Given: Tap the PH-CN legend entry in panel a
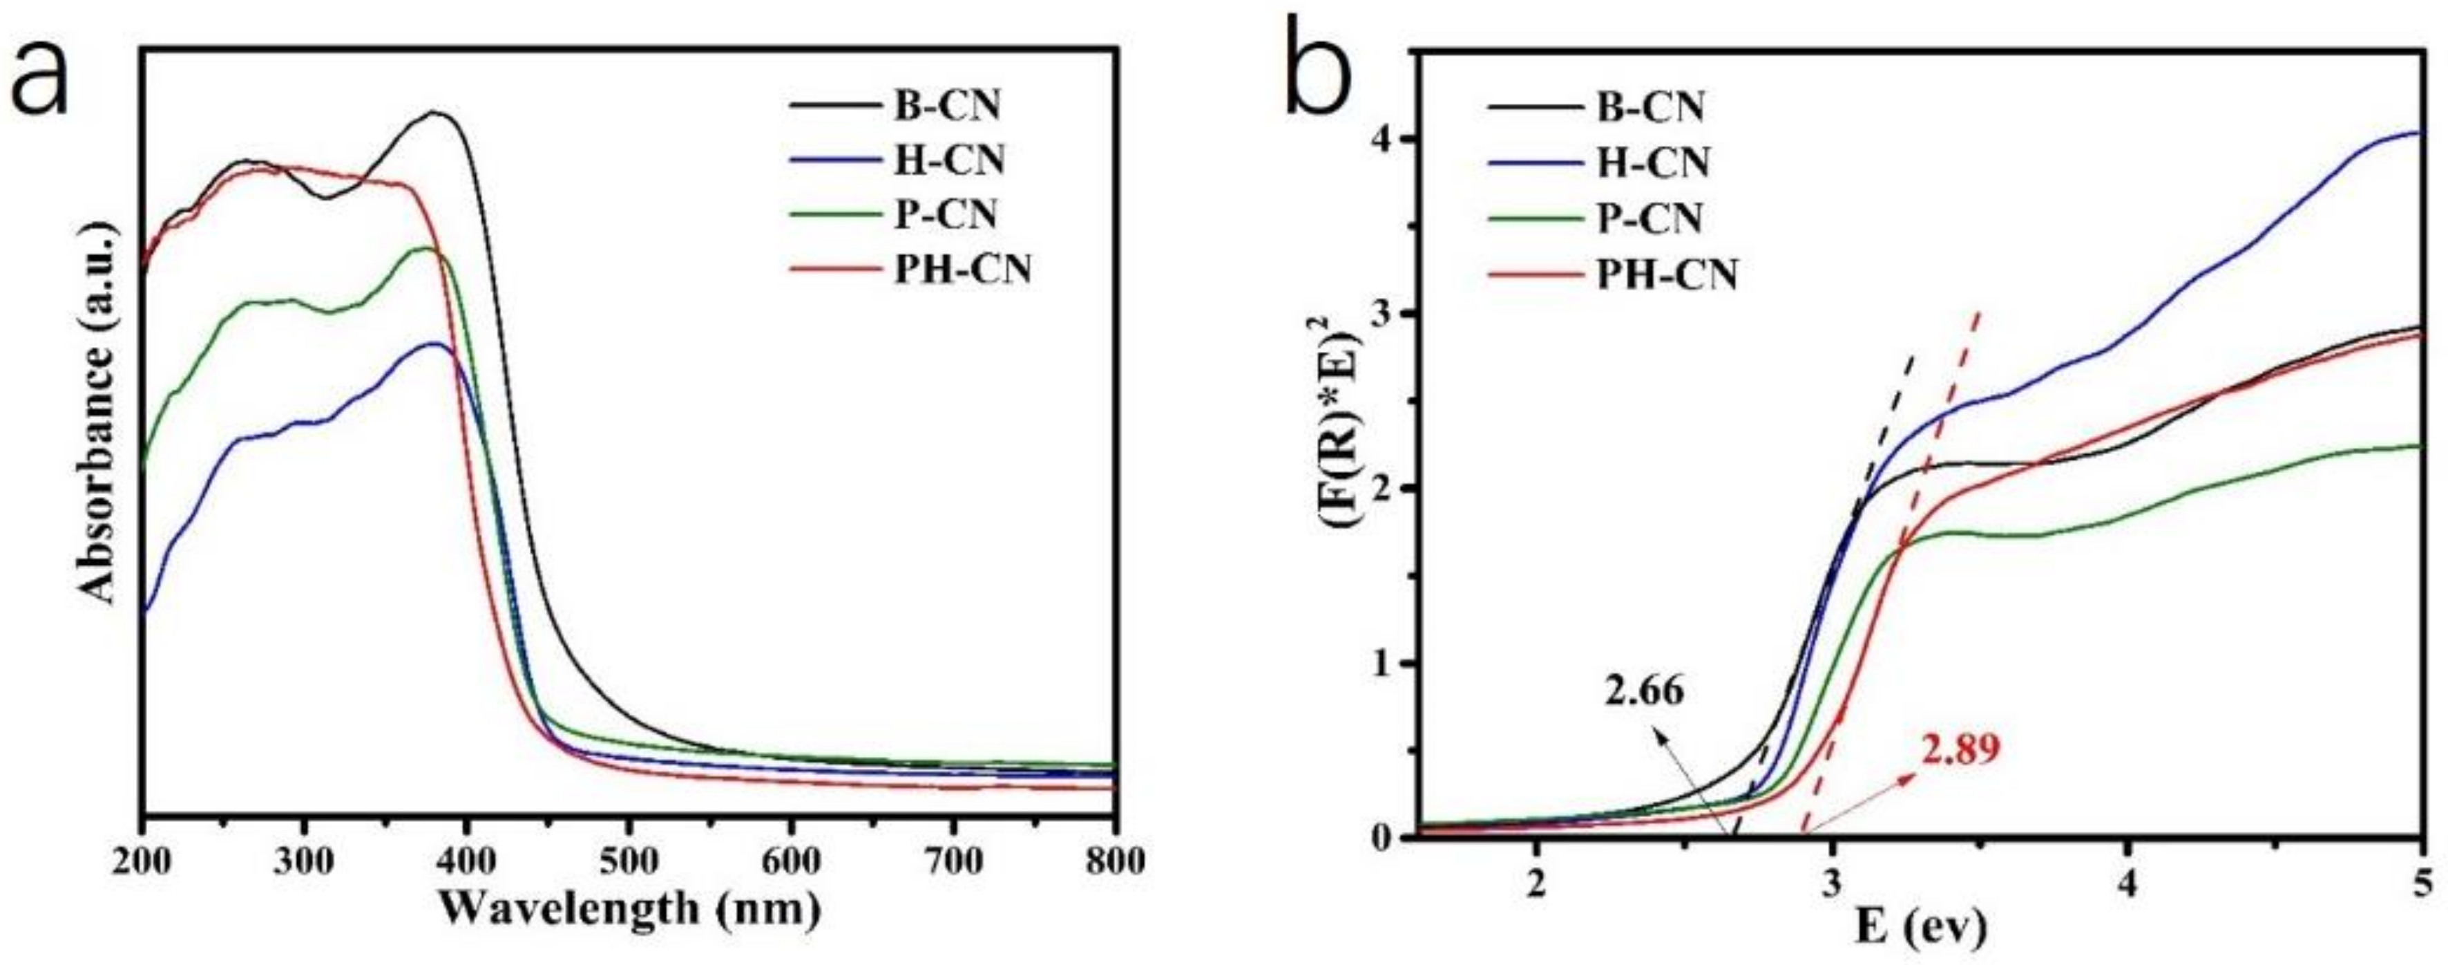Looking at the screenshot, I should coord(961,271).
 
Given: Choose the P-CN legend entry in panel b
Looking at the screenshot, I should coord(1648,218).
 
